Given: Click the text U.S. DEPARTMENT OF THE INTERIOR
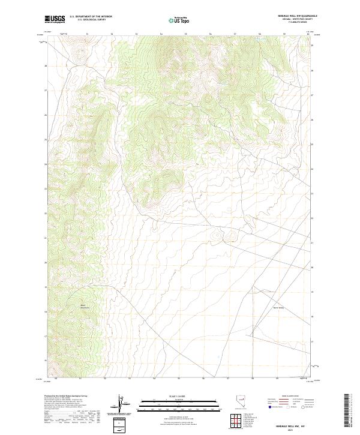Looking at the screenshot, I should [91, 17].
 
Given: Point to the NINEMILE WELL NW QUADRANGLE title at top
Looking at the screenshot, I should [289, 16].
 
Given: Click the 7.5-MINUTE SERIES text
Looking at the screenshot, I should [289, 25].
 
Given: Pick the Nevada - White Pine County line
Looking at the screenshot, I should [289, 20].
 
